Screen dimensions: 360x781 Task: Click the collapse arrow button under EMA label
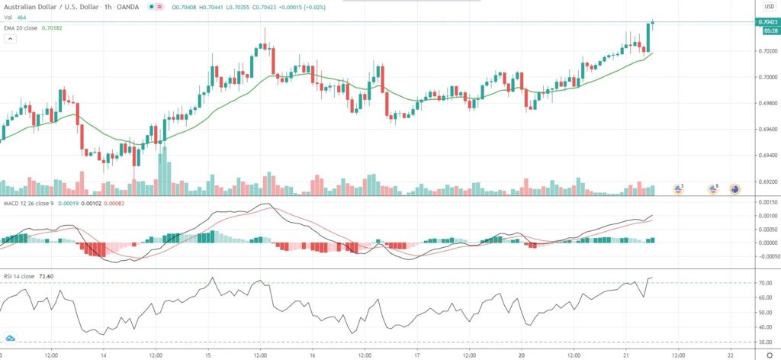10,38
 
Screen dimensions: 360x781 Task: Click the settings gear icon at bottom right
770,355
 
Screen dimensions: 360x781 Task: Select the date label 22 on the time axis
730,355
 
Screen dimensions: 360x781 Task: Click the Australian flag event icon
735,188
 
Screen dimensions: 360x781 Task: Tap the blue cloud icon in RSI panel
11,337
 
